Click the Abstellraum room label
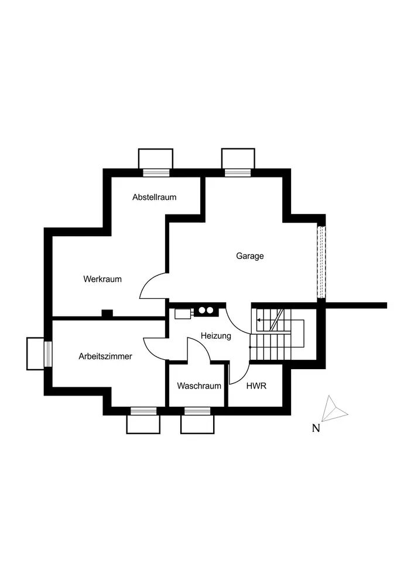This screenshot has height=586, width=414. coord(154,197)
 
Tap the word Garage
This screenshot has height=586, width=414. coord(250,256)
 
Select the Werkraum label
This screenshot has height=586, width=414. coord(102,279)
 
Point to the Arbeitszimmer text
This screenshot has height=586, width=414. coord(105,356)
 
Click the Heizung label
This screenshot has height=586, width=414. coord(215,336)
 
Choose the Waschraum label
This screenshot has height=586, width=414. coord(199,386)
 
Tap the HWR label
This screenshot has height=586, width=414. coord(256,386)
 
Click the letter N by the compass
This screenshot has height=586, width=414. coord(316,428)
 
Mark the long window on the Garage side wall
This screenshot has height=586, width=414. coord(320,262)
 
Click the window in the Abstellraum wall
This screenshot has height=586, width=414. coord(156,172)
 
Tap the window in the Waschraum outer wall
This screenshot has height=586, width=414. coord(197,411)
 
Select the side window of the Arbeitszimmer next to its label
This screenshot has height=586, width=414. coord(48,353)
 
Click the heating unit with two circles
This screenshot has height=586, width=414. coord(205,311)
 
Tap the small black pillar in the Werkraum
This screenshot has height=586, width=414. coord(107,314)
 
